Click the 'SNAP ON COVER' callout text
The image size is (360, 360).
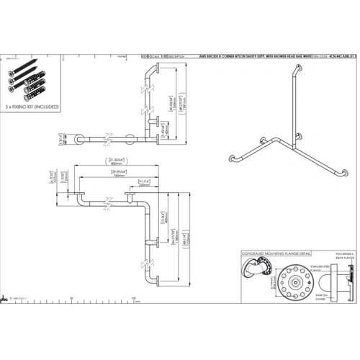pos(319,294)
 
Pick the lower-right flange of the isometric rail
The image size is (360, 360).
pos(345,172)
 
